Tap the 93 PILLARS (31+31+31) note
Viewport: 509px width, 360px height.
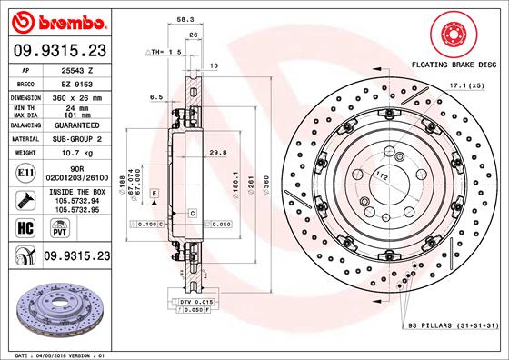point(449,325)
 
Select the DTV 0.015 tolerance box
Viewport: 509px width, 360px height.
point(194,301)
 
